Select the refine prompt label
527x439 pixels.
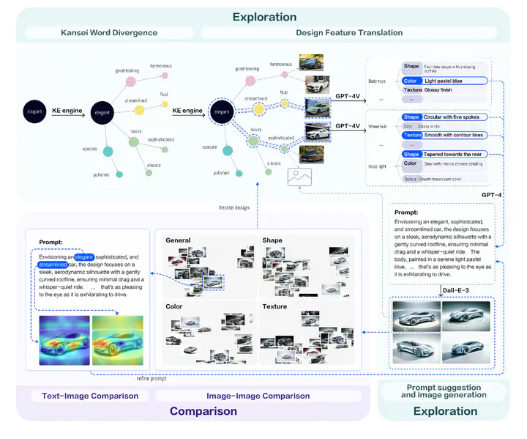point(152,378)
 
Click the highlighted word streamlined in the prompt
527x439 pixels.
point(53,265)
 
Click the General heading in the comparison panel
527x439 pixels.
point(178,240)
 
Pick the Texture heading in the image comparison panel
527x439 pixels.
point(274,306)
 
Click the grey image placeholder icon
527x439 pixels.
point(300,177)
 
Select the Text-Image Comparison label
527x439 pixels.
point(85,396)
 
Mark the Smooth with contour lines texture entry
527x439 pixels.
point(456,135)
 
